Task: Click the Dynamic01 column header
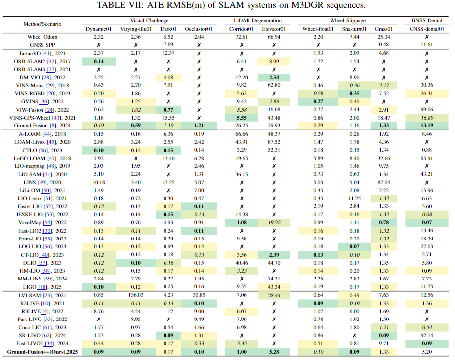click(x=99, y=29)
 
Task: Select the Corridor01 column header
click(x=242, y=29)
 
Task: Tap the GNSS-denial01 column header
click(x=427, y=29)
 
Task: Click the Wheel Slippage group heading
click(x=348, y=21)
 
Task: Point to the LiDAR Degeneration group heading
click(x=258, y=21)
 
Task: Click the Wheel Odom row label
click(x=42, y=37)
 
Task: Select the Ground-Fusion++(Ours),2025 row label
click(x=42, y=352)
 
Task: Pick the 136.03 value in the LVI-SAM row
click(x=136, y=295)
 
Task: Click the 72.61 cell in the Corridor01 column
click(x=242, y=37)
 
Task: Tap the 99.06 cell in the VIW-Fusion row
click(x=427, y=109)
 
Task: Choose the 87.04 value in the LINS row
click(x=384, y=182)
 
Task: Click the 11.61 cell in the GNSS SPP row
click(x=427, y=44)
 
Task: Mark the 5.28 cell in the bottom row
click(x=274, y=352)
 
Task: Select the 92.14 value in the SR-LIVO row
click(x=427, y=335)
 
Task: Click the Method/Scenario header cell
click(x=42, y=24)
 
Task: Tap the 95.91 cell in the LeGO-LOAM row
click(x=427, y=158)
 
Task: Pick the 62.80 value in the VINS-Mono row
click(x=274, y=85)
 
